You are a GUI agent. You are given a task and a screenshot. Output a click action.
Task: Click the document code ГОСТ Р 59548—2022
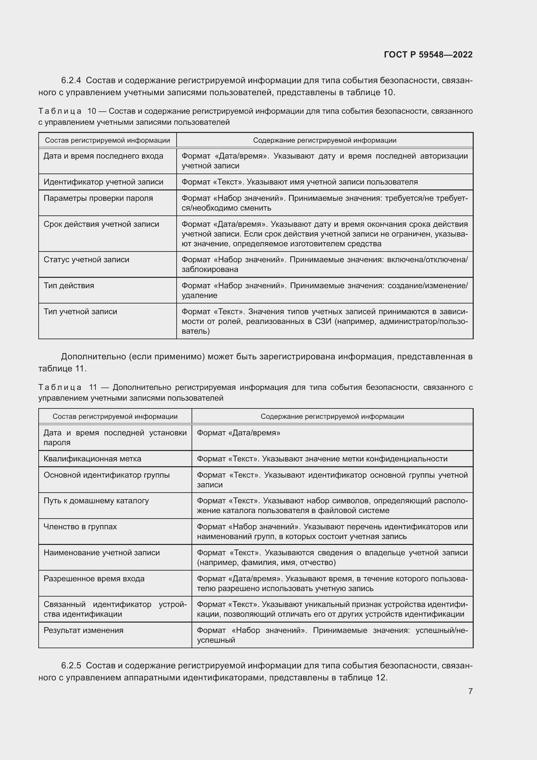coord(428,55)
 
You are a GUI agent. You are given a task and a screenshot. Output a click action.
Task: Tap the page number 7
coord(470,691)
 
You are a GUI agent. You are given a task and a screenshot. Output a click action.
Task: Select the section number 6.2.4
coord(71,81)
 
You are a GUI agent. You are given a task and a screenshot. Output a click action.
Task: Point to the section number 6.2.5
coord(71,666)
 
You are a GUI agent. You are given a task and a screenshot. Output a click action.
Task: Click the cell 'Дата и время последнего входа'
coord(104,156)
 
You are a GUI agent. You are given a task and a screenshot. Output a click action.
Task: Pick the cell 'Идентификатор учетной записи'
coord(104,182)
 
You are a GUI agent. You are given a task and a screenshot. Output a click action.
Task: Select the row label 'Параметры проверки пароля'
coord(98,198)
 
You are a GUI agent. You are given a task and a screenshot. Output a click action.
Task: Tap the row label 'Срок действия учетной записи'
coord(101,224)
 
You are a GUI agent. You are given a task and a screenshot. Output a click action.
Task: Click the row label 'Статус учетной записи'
coord(86,260)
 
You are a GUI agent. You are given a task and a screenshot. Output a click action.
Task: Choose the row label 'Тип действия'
coord(69,286)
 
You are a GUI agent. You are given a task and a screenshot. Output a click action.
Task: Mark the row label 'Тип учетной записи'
coord(80,312)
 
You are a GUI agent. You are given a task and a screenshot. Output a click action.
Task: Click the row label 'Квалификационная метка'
coord(92,459)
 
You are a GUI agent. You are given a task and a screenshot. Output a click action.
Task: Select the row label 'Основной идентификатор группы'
coord(106,475)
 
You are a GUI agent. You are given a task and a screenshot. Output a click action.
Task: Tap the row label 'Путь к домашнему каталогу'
coord(96,501)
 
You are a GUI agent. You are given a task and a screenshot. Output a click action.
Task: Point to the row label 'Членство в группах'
coord(80,527)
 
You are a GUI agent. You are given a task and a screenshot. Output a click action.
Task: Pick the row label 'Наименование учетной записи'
coord(102,552)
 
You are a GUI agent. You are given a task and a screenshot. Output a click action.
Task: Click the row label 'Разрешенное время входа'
coord(94,579)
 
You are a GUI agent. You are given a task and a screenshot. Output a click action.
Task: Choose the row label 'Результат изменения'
coord(83,630)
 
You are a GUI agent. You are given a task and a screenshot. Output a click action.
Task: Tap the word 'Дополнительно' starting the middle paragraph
coord(94,356)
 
